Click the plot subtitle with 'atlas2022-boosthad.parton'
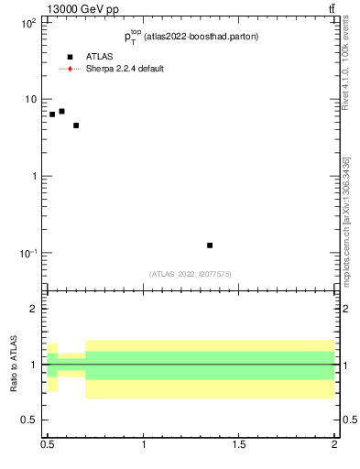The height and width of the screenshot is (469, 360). [x=191, y=37]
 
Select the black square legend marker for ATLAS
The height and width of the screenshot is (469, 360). [x=70, y=57]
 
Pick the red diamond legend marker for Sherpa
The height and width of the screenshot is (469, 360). [x=70, y=69]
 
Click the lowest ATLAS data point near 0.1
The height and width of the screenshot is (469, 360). [x=210, y=245]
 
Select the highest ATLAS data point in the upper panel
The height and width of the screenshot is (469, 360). [x=61, y=111]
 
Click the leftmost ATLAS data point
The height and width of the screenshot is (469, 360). [x=52, y=115]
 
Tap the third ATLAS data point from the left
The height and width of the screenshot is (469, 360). [x=76, y=125]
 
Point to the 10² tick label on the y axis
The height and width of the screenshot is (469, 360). [x=28, y=23]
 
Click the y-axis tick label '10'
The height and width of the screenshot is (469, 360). [x=30, y=99]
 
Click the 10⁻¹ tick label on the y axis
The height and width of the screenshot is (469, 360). [x=27, y=253]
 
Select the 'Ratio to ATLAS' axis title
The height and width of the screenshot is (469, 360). [x=15, y=365]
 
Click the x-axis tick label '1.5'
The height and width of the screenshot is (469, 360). [x=239, y=444]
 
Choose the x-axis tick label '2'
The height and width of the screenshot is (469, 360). [x=334, y=444]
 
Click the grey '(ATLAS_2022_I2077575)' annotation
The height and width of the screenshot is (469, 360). [x=191, y=274]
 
